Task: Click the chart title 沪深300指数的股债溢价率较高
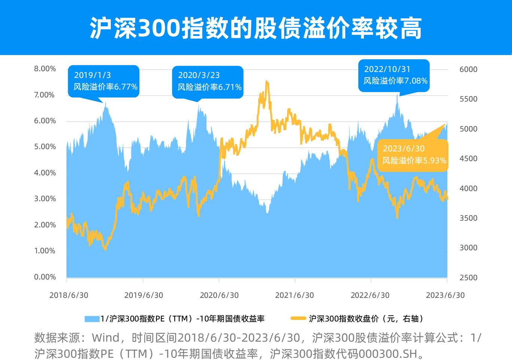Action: [x=256, y=28]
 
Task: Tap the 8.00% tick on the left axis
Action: [x=45, y=69]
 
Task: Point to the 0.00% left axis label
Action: [x=45, y=277]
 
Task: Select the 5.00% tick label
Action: [x=45, y=147]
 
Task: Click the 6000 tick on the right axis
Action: [x=468, y=69]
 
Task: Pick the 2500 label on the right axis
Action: [x=468, y=278]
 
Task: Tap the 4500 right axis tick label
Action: [x=468, y=158]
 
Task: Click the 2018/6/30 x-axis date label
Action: [x=69, y=295]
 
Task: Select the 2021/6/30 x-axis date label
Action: [x=295, y=295]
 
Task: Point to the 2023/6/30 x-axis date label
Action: [x=445, y=295]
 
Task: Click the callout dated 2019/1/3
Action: [x=104, y=81]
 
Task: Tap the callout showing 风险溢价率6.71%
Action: [x=208, y=82]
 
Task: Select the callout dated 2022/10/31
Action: [x=394, y=75]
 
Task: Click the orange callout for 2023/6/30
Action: [x=413, y=155]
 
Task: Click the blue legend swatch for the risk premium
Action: [x=92, y=319]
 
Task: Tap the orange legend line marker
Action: [x=298, y=318]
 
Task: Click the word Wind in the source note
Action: [x=106, y=338]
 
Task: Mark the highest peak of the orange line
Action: [x=266, y=81]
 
